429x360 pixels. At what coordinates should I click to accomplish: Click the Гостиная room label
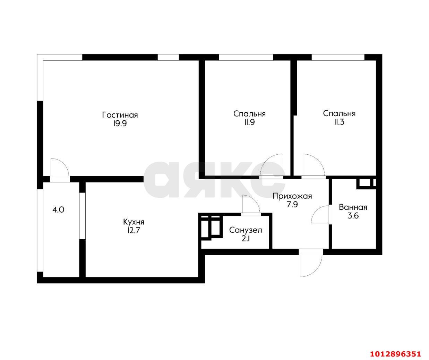[120, 115]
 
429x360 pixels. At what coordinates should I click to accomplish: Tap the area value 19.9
[120, 124]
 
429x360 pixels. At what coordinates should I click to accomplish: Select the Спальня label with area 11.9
[249, 113]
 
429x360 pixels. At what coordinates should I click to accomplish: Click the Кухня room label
[134, 222]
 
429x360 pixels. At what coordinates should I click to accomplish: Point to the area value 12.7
[134, 231]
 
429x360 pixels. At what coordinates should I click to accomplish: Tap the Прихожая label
[292, 196]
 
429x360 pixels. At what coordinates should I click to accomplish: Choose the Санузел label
[246, 230]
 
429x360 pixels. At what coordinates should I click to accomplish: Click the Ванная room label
[353, 207]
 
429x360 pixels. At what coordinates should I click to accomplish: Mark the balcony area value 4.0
[58, 209]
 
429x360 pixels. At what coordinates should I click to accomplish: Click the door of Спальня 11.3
[313, 166]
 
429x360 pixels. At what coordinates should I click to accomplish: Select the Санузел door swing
[250, 205]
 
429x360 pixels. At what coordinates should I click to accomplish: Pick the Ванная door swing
[320, 215]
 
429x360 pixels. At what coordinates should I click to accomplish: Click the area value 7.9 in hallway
[292, 205]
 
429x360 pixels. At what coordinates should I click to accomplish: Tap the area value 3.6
[353, 216]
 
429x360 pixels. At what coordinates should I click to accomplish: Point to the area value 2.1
[246, 239]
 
